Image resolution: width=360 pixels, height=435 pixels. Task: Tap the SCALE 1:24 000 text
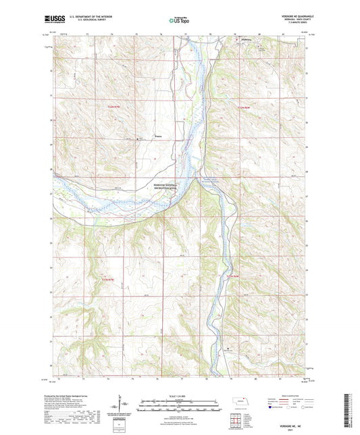179,394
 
